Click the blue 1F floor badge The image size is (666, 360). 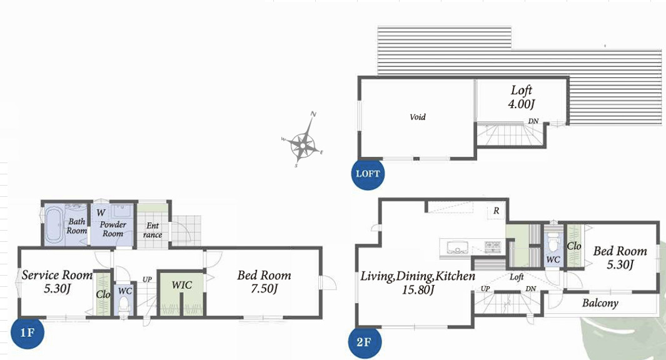click(x=27, y=332)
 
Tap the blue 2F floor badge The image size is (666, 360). click(x=365, y=342)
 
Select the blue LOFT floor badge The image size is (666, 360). click(x=368, y=173)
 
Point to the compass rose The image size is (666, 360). click(x=303, y=140)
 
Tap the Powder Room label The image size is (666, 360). click(x=113, y=229)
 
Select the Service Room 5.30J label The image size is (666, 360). click(x=58, y=282)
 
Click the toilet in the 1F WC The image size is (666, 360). click(x=124, y=305)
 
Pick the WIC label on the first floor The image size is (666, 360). click(x=182, y=285)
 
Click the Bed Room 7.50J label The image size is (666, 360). click(x=264, y=282)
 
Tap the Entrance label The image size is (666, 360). click(x=153, y=230)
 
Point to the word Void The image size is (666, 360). click(x=418, y=117)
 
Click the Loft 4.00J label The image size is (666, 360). click(x=521, y=97)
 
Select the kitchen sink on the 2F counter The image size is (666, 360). click(x=455, y=247)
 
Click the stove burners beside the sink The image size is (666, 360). click(x=493, y=245)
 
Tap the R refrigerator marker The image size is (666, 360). click(x=496, y=211)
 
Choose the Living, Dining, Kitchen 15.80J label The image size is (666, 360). click(x=418, y=282)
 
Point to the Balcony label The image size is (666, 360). click(x=600, y=303)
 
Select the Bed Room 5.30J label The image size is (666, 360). click(x=620, y=257)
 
